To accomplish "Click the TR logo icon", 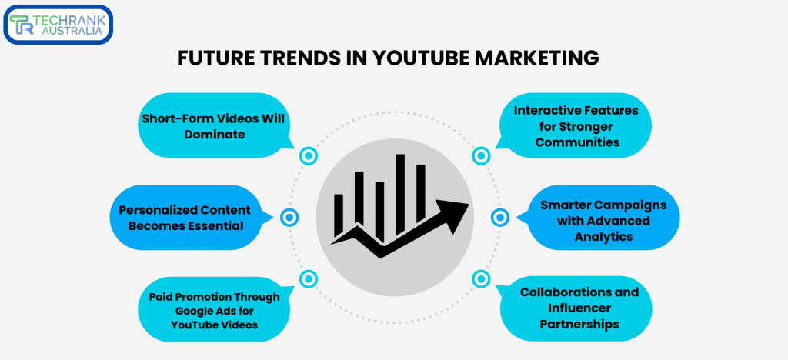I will pyautogui.click(x=22, y=25).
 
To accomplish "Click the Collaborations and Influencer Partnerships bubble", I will pyautogui.click(x=579, y=308).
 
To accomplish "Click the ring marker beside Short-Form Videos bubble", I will pyautogui.click(x=309, y=156).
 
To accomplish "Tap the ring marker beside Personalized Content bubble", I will pyautogui.click(x=289, y=218).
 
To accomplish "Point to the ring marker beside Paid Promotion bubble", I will pyautogui.click(x=309, y=278).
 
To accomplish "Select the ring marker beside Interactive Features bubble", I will pyautogui.click(x=481, y=156).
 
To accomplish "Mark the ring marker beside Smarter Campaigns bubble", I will pyautogui.click(x=500, y=218).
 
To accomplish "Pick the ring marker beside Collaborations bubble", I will pyautogui.click(x=481, y=278).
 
